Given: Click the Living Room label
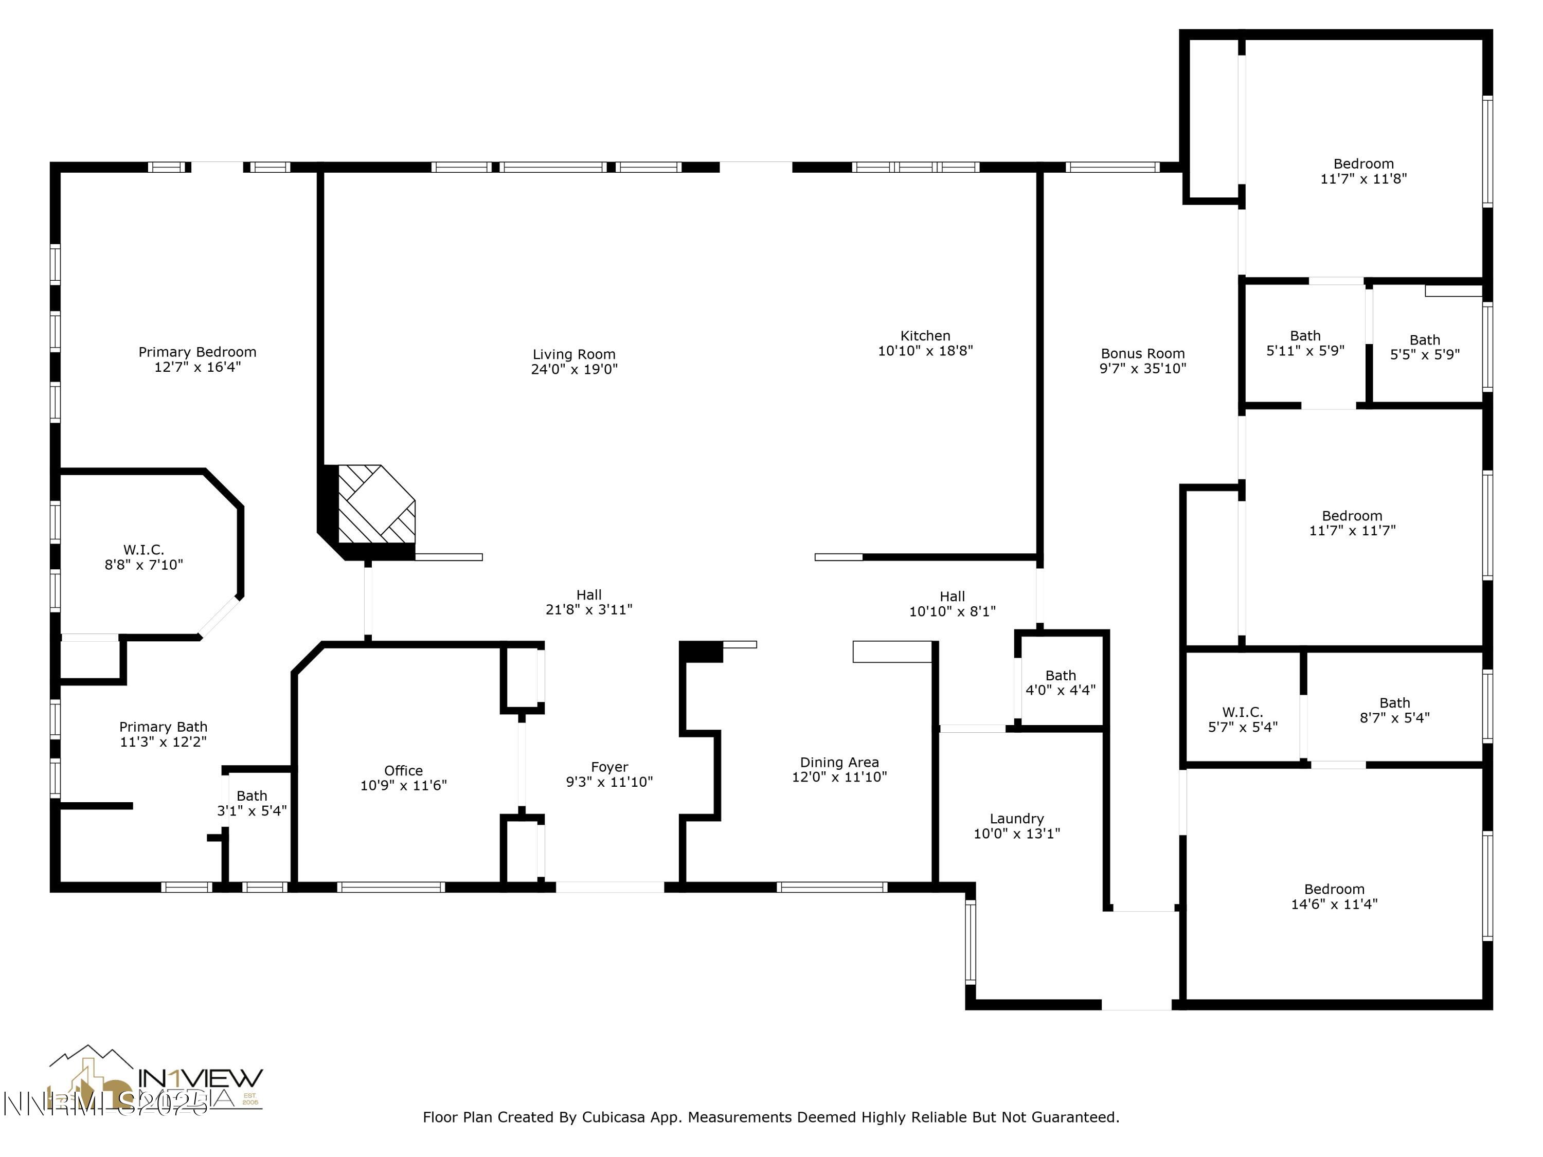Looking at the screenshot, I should (x=573, y=354).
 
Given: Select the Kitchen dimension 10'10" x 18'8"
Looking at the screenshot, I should (x=925, y=351).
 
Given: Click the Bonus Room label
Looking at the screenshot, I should (x=1143, y=354).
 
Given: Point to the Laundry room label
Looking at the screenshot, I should (x=1016, y=818).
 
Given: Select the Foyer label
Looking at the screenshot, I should (x=609, y=767).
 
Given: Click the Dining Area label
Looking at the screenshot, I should (x=839, y=762).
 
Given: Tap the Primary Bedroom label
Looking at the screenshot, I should (x=198, y=352).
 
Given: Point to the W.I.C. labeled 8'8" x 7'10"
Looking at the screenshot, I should (x=143, y=556).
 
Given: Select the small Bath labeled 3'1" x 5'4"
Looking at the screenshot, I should (x=252, y=803).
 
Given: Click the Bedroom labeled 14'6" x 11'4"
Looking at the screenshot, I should (x=1334, y=896).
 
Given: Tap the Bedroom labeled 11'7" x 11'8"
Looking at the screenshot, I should (x=1363, y=171).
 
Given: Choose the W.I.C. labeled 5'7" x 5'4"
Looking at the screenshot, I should (x=1242, y=719).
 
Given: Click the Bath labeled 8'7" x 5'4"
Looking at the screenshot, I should (x=1394, y=710).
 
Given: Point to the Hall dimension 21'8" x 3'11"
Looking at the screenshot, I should (x=589, y=609).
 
